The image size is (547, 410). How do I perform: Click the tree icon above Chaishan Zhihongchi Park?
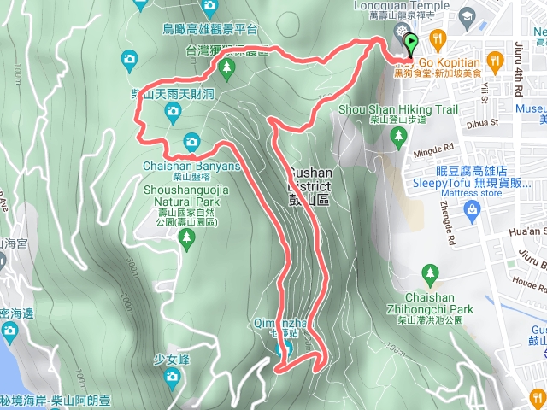click(x=430, y=272)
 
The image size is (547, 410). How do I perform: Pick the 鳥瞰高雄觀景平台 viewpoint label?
click(x=209, y=28)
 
